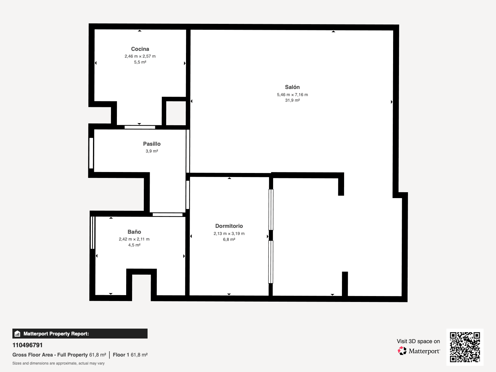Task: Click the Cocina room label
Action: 140,49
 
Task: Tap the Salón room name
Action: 292,87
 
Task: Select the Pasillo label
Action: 152,144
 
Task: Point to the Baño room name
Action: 134,232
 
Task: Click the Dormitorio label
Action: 229,226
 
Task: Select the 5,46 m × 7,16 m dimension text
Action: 292,95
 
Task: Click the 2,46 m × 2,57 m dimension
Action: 140,56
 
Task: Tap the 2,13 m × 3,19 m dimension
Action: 229,233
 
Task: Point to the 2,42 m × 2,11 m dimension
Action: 134,239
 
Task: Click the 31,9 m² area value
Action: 292,100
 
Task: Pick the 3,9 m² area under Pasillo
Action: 152,151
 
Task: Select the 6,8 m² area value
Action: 229,239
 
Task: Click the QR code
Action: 465,347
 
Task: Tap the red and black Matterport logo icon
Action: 402,351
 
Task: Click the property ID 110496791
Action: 27,345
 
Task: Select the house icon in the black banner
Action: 17,334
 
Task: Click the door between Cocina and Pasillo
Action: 139,127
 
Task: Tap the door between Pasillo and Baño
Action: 167,215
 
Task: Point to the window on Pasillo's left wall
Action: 91,153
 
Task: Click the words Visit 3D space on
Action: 418,341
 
